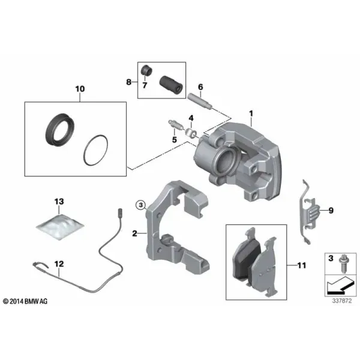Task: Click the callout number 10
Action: tap(80, 89)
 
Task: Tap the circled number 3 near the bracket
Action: tap(141, 205)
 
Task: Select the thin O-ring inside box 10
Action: tap(95, 150)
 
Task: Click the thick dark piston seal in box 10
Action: tap(60, 129)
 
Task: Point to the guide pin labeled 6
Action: tap(200, 100)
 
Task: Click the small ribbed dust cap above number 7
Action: tap(146, 70)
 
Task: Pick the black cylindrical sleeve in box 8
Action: tap(171, 84)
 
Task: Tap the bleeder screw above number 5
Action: tap(176, 125)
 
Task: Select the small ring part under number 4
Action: tap(191, 133)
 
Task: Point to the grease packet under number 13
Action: tap(60, 227)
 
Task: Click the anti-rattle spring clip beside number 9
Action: tap(309, 211)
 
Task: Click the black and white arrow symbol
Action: tap(340, 286)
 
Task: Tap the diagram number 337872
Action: tap(341, 301)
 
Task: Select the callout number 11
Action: tap(302, 265)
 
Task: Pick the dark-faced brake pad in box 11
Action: tap(246, 256)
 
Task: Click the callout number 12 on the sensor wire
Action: tap(59, 264)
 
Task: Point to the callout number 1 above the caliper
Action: tap(251, 113)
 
